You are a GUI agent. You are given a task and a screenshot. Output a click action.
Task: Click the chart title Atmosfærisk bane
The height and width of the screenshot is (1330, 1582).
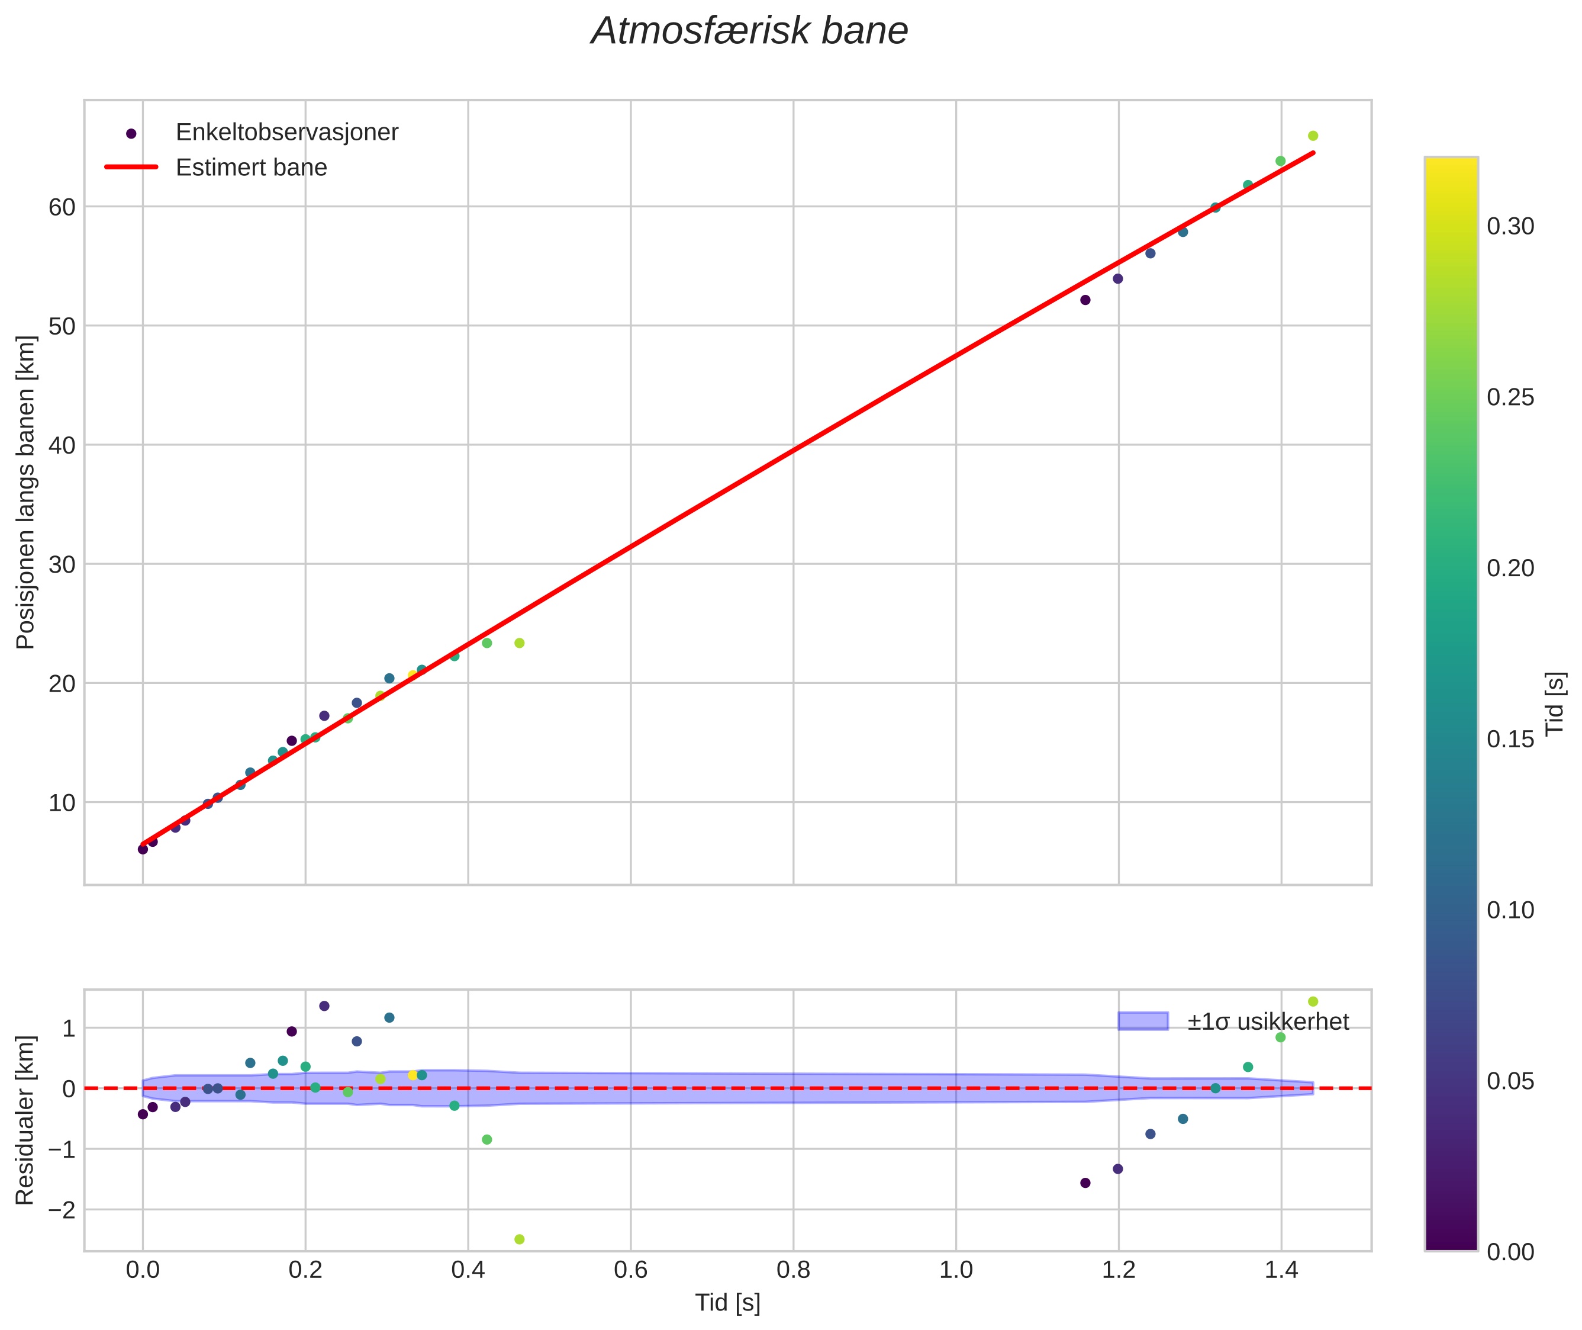coord(749,31)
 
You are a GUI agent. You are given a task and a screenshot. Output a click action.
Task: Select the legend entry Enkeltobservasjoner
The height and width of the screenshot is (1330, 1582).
coord(286,132)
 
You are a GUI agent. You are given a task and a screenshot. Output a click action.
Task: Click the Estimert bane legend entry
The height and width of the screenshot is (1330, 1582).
coord(251,168)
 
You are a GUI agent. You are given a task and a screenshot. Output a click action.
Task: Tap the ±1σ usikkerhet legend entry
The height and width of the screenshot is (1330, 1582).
coord(1268,1021)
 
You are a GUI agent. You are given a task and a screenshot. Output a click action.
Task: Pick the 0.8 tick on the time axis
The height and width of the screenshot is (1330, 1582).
coord(793,1270)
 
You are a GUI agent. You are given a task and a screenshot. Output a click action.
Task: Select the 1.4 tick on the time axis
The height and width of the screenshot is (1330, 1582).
coord(1281,1270)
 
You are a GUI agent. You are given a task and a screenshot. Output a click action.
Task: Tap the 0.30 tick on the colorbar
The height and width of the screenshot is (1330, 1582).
coord(1510,226)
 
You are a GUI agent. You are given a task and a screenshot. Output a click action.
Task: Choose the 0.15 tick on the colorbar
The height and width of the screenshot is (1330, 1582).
coord(1510,740)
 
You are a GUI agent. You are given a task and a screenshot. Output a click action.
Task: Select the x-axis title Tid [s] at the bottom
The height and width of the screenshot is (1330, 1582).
coord(727,1303)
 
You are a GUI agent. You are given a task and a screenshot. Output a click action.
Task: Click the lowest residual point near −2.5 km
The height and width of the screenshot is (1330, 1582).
coord(519,1239)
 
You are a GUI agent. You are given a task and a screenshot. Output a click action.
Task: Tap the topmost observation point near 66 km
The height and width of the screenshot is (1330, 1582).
coord(1313,136)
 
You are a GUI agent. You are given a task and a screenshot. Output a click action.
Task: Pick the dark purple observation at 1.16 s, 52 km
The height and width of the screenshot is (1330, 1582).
coord(1085,300)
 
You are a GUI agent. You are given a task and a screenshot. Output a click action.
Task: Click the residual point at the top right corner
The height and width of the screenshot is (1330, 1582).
coord(1313,1001)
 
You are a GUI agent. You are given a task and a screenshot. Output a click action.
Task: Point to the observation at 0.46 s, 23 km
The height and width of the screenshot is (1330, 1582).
coord(519,643)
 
